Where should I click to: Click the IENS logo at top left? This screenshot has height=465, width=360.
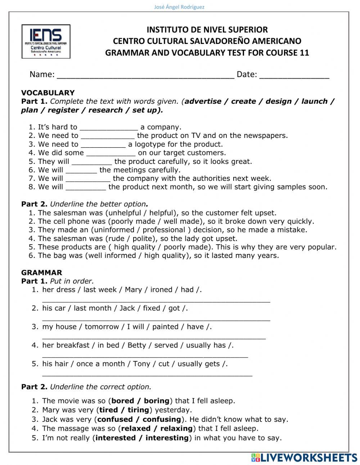click(46, 41)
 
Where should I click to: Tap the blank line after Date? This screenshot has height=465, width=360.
click(294, 76)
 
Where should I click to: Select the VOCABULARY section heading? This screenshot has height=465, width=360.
click(48, 93)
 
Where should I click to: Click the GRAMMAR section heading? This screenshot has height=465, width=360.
click(42, 272)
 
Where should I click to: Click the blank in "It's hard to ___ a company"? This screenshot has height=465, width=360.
click(109, 128)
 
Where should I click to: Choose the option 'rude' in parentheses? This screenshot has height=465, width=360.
click(116, 238)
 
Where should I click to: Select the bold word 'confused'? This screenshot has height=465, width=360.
click(115, 419)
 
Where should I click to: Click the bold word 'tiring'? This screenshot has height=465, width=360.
click(138, 410)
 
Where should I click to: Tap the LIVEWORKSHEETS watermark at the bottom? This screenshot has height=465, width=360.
click(304, 457)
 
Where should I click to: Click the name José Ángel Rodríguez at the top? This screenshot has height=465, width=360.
click(179, 7)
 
